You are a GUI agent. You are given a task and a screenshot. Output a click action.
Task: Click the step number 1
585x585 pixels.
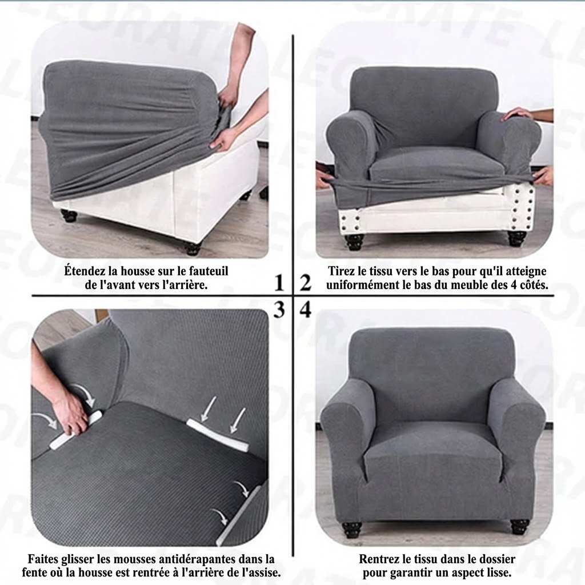coord(279,282)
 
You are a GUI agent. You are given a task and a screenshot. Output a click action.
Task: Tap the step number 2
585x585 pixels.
coord(306,282)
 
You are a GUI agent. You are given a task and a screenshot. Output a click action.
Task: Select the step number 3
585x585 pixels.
coord(279,310)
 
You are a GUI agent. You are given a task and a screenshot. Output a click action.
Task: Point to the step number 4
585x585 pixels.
coord(306,310)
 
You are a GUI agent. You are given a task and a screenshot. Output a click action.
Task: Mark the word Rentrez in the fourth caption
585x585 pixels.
coord(379,559)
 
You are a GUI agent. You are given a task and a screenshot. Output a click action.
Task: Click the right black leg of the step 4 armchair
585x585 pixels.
coord(517,524)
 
